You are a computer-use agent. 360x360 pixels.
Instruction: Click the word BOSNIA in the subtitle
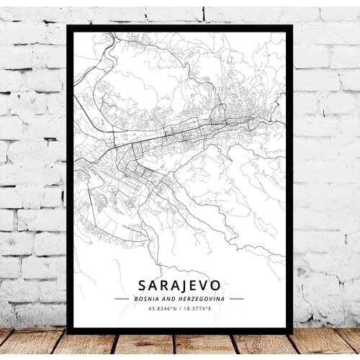(145, 297)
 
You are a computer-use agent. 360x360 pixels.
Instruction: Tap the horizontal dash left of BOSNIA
(122, 297)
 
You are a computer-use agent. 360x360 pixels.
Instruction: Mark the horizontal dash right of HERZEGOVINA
(236, 297)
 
